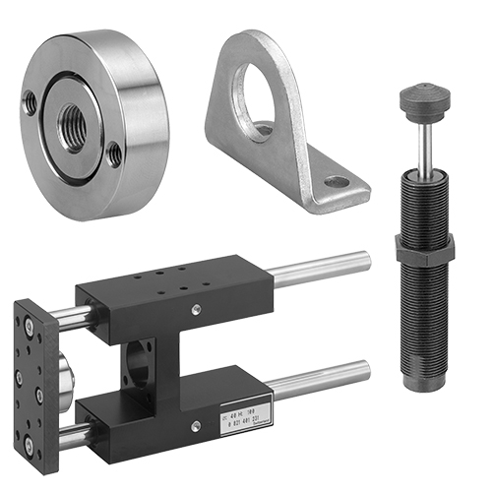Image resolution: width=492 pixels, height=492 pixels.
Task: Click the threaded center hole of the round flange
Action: click(71, 127)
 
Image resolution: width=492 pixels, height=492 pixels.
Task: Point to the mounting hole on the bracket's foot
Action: click(336, 182)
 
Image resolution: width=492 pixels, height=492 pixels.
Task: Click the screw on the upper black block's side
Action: click(196, 312)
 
